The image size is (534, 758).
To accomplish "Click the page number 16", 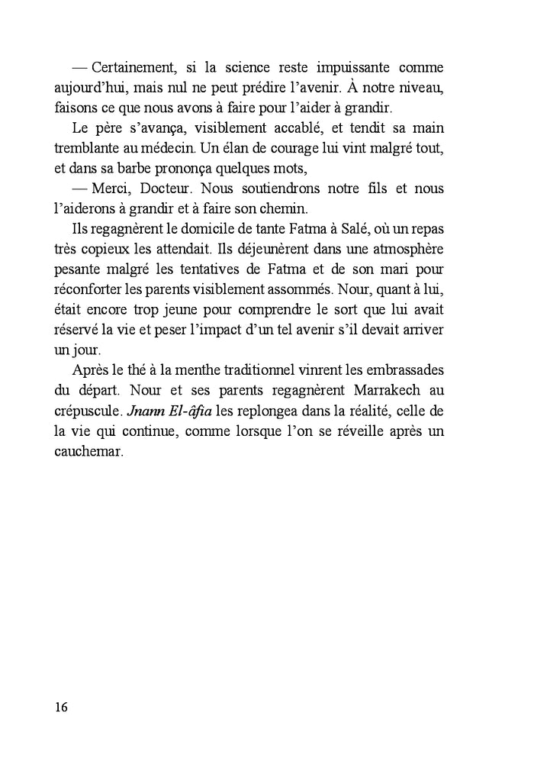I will pos(62,706).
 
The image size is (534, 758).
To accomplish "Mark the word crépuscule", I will pos(90,411).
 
